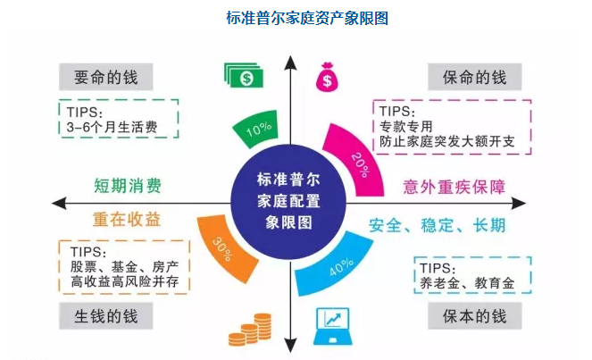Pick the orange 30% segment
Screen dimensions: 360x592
click(223, 242)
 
